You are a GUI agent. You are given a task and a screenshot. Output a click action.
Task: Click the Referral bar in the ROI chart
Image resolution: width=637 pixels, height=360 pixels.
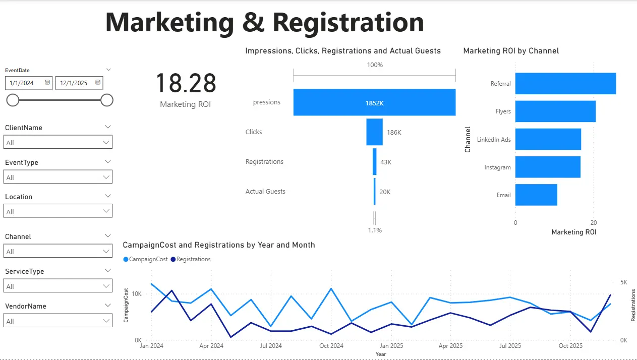tap(565, 84)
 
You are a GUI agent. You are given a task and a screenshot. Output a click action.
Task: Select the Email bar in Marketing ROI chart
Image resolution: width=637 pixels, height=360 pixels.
tap(536, 195)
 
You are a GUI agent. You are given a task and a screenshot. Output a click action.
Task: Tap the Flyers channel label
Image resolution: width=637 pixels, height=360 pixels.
tap(503, 111)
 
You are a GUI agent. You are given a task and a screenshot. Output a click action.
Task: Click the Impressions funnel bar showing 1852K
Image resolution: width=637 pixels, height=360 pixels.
tap(374, 102)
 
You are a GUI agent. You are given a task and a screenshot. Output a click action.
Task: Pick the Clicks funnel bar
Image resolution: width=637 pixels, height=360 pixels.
tap(374, 132)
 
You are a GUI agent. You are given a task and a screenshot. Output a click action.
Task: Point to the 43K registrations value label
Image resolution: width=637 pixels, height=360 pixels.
tap(385, 162)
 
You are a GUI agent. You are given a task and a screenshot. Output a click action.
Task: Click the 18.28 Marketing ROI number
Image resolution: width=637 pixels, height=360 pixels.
tap(186, 84)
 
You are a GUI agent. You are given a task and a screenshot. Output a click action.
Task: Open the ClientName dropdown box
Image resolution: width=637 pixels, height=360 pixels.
tap(58, 142)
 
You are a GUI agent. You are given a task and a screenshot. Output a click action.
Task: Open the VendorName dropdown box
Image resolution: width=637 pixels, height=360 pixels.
tap(58, 321)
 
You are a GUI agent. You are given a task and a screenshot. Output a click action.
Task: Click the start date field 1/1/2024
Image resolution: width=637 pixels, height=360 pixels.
tap(25, 83)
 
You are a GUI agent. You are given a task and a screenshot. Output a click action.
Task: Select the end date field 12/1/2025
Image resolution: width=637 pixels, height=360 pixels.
tap(75, 83)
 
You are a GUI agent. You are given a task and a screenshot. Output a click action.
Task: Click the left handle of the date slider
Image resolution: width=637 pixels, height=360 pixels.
tap(13, 100)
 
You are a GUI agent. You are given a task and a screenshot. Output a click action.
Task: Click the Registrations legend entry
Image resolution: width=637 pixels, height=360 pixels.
tap(193, 259)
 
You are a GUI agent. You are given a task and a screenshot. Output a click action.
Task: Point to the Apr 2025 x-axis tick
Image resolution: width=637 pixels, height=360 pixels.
tap(450, 346)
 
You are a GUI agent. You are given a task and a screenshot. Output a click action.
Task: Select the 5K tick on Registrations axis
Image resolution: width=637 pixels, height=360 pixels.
tap(623, 282)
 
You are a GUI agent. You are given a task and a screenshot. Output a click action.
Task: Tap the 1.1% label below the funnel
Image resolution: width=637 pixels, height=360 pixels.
tap(374, 230)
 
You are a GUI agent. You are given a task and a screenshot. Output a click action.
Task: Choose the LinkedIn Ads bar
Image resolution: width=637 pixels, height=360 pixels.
tap(548, 139)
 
